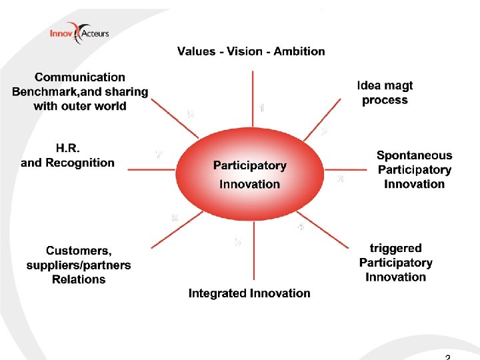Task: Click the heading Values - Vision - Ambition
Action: [251, 51]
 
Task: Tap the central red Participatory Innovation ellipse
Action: [250, 175]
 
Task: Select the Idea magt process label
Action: [385, 93]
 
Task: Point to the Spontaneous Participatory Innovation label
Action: [414, 169]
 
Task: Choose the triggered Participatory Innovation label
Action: [395, 262]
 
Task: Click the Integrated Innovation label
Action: [249, 293]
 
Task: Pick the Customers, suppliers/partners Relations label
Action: [79, 265]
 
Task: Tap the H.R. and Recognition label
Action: [68, 155]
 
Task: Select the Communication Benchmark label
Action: [80, 92]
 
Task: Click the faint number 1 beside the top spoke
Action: [261, 107]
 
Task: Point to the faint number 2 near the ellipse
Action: [324, 133]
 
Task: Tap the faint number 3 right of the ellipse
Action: [341, 179]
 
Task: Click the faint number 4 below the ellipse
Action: [301, 227]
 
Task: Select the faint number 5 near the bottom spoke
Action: [237, 243]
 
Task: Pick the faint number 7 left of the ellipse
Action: [159, 155]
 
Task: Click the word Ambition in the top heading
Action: [299, 51]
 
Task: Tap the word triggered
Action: [395, 248]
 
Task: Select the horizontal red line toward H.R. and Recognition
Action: [152, 169]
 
